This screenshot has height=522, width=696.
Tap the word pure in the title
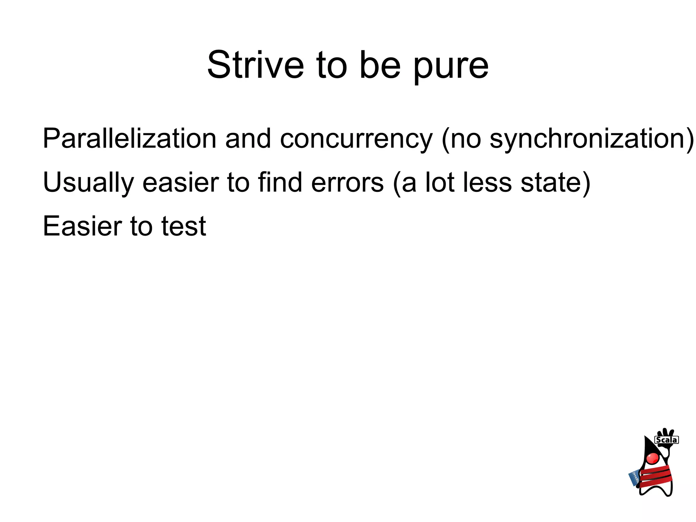point(451,66)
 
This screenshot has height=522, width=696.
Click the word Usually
point(88,183)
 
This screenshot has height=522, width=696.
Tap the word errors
point(347,183)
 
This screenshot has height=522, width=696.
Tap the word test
point(184,226)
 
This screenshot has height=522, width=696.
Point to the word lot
point(440,182)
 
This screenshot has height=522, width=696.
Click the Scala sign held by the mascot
point(666,440)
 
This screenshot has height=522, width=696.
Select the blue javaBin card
point(634,478)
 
